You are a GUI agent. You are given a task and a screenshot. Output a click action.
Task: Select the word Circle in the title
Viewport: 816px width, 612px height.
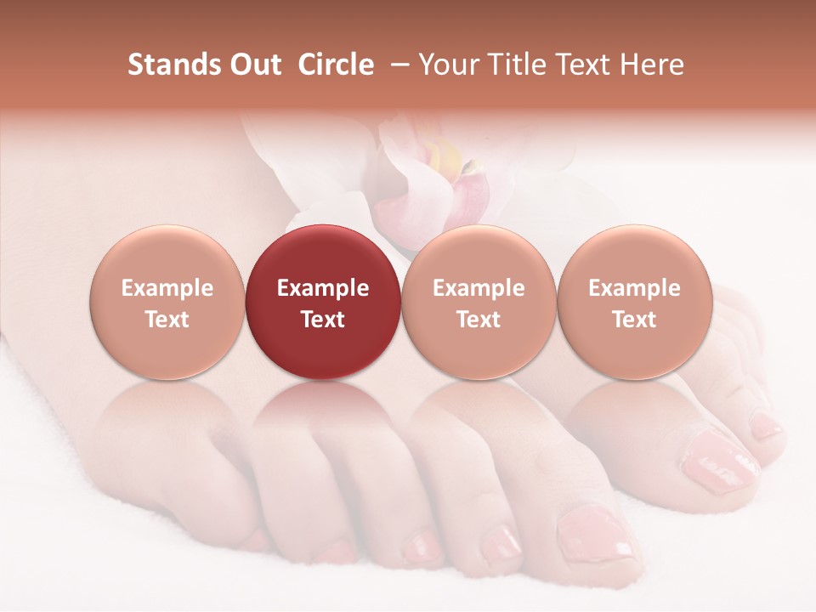(x=336, y=65)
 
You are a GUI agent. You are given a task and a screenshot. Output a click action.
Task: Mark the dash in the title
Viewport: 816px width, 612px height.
(x=396, y=65)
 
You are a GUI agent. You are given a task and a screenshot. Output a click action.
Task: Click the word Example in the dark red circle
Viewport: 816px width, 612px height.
(x=323, y=288)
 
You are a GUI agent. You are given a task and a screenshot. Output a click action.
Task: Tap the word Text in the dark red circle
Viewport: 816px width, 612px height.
(x=323, y=320)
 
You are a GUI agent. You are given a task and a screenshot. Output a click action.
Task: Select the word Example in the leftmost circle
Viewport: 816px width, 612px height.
(x=167, y=288)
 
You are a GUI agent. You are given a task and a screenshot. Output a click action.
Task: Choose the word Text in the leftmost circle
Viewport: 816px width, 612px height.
(x=167, y=320)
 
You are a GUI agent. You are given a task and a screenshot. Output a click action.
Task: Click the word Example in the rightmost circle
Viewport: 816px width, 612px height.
(x=635, y=288)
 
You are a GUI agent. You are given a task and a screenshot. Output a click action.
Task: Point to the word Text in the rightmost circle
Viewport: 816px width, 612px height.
(x=635, y=320)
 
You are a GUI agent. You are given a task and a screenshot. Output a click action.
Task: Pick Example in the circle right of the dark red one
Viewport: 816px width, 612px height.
(x=479, y=288)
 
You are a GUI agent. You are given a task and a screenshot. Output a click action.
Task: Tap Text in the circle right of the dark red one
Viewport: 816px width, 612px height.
(x=479, y=320)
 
